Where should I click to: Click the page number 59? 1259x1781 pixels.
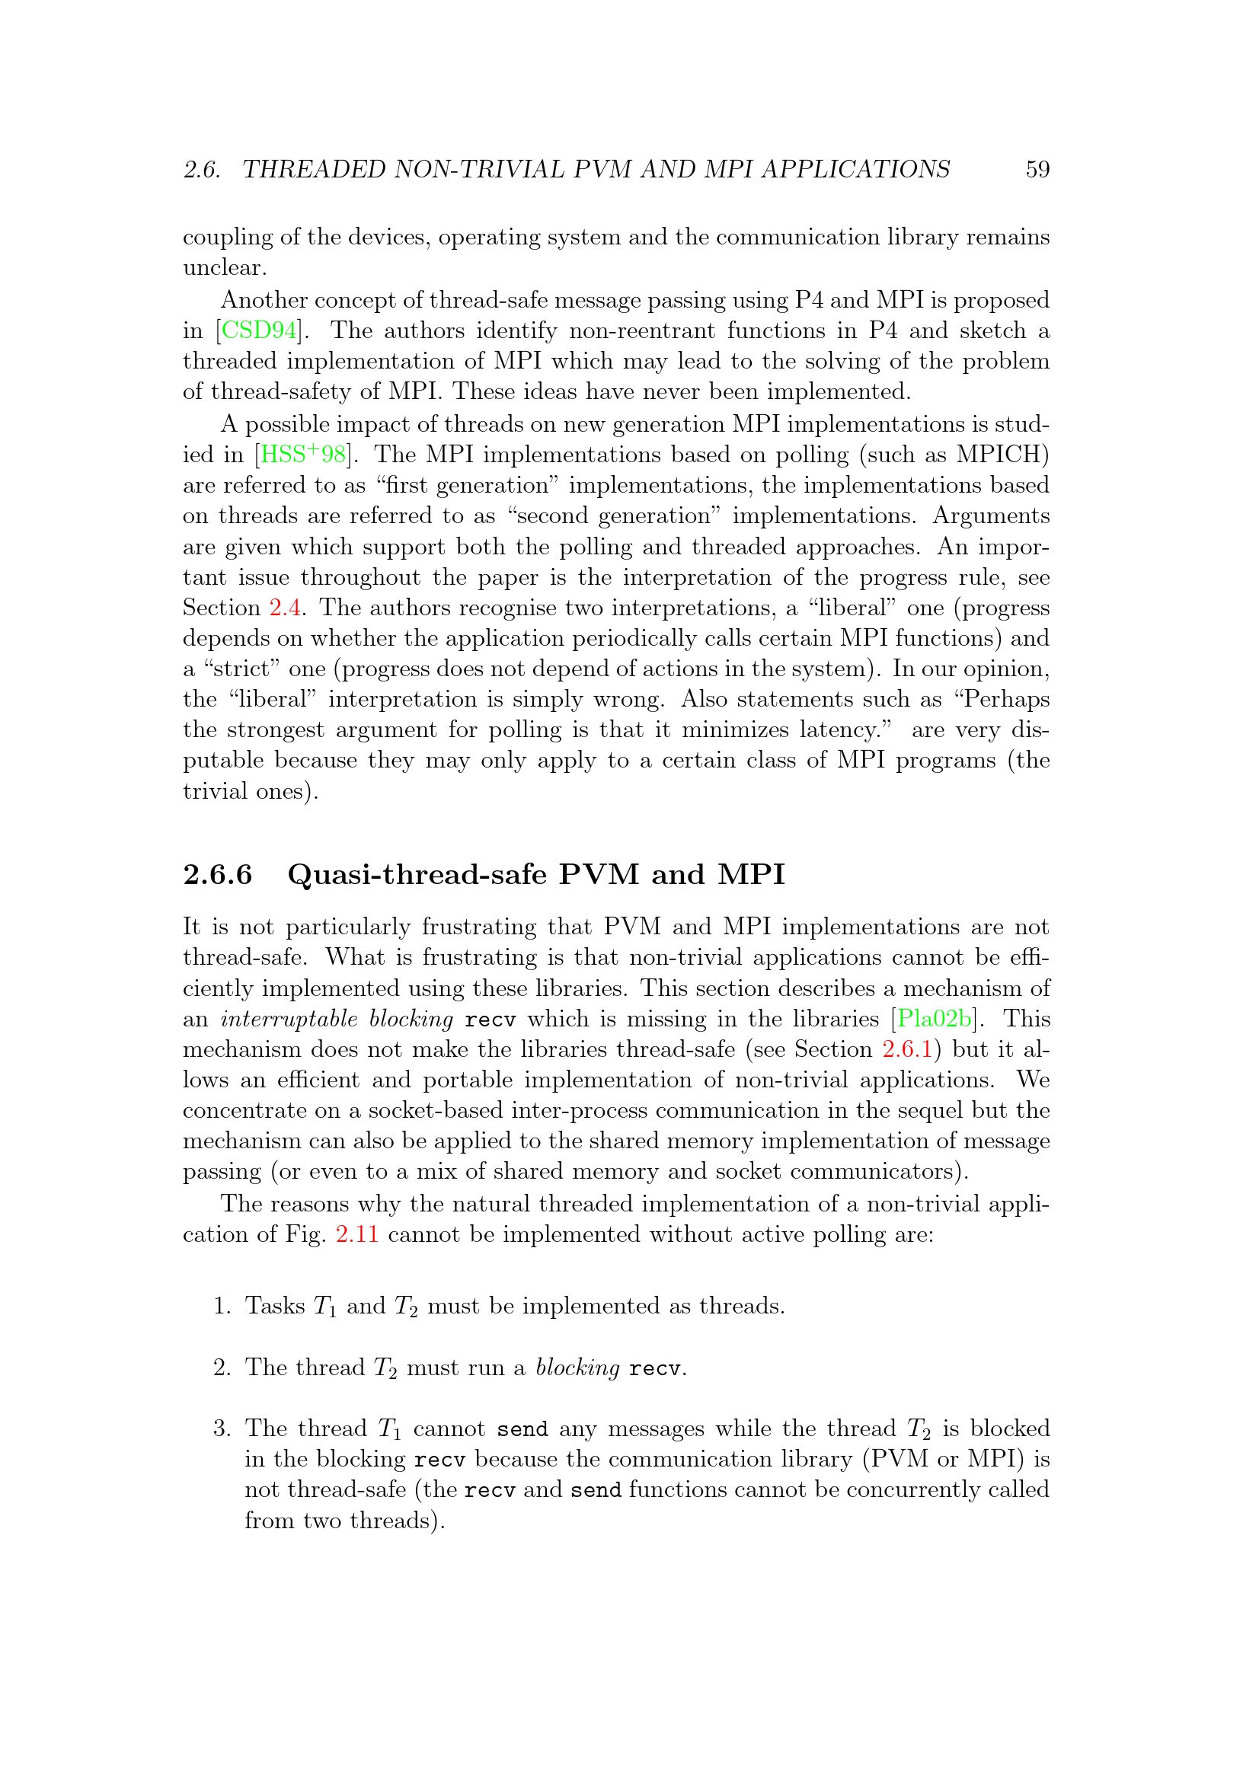(1037, 169)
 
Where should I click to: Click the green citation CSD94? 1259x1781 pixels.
(259, 331)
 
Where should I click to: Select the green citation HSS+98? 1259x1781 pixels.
(303, 454)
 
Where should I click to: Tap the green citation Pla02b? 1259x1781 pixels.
(934, 1019)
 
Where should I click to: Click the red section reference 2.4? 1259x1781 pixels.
(285, 608)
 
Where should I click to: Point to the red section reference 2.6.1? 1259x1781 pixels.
(907, 1049)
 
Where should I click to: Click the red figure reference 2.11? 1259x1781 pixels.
(357, 1234)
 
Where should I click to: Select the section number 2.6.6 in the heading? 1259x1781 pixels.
(218, 874)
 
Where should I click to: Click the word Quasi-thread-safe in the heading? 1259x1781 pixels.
(417, 874)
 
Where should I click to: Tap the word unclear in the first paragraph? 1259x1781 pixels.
(223, 267)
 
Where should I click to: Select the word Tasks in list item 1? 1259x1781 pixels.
(276, 1307)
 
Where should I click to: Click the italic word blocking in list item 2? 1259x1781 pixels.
(577, 1368)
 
